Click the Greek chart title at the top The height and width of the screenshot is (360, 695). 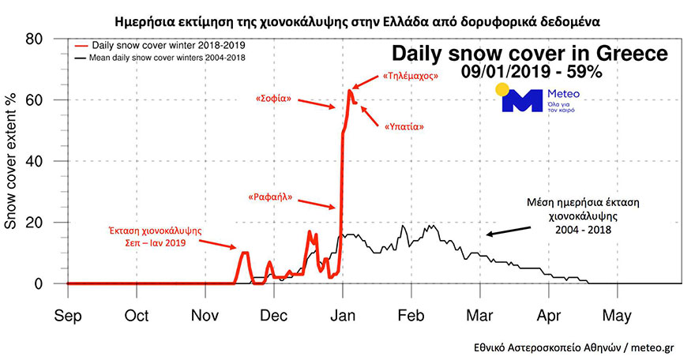[x=347, y=17]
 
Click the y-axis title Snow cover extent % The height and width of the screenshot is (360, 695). [x=13, y=161]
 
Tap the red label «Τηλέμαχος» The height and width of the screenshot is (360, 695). [x=411, y=77]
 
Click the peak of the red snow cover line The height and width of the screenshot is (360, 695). [x=349, y=91]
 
